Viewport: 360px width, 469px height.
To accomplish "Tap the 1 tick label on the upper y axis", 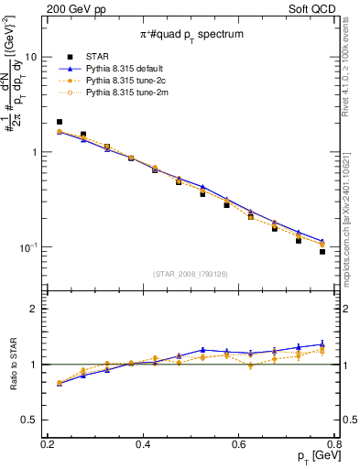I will pyautogui.click(x=35, y=152).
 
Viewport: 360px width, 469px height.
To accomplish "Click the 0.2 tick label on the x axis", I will pyautogui.click(x=48, y=444).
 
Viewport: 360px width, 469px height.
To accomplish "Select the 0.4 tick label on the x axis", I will pyautogui.click(x=143, y=444).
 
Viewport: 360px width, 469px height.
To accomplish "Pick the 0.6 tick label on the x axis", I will pyautogui.click(x=239, y=444).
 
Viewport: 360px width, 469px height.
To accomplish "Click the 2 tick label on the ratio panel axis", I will pyautogui.click(x=35, y=309).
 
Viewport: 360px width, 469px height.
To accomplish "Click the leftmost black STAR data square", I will pyautogui.click(x=60, y=122).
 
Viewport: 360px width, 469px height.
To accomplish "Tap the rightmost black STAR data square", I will pyautogui.click(x=322, y=251).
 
